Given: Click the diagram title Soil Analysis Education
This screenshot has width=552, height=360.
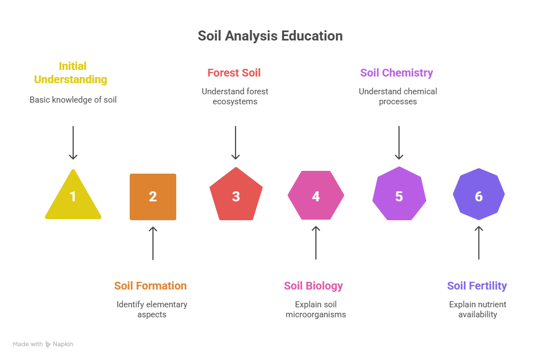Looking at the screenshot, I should pyautogui.click(x=270, y=36).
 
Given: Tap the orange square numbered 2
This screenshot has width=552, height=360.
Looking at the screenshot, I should pyautogui.click(x=153, y=197).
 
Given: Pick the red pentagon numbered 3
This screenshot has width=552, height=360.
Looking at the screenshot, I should pyautogui.click(x=236, y=195).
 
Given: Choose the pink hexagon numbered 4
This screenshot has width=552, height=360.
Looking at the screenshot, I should pyautogui.click(x=316, y=196).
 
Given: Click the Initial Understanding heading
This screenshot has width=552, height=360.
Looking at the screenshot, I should pyautogui.click(x=71, y=73).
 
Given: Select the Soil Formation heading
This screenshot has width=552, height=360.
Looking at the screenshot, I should pyautogui.click(x=151, y=286).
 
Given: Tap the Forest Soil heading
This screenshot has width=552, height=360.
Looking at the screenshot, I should pyautogui.click(x=234, y=73).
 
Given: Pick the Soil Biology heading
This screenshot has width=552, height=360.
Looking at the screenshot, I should pyautogui.click(x=314, y=286).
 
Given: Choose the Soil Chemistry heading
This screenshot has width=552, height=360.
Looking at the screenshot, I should pyautogui.click(x=397, y=73).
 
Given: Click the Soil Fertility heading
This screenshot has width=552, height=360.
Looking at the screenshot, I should pyautogui.click(x=477, y=286).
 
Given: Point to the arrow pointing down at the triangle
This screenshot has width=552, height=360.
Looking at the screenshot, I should pyautogui.click(x=73, y=143).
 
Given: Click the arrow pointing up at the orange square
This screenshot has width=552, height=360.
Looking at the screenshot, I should pyautogui.click(x=153, y=243).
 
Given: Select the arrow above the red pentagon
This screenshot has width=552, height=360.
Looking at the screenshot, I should pyautogui.click(x=236, y=143).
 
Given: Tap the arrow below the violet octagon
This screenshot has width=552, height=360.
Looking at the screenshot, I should pyautogui.click(x=479, y=243).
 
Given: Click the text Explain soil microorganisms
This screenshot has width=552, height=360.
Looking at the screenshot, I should pyautogui.click(x=316, y=310).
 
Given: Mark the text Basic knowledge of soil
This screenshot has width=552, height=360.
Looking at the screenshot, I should pyautogui.click(x=73, y=100).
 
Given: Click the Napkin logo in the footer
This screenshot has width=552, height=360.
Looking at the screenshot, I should pyautogui.click(x=59, y=344).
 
